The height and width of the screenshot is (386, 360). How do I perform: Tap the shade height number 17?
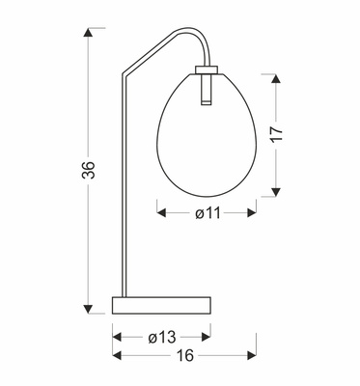[x=276, y=134]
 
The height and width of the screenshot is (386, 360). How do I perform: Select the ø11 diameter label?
[x=208, y=214]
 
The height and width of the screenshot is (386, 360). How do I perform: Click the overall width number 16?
[x=185, y=356]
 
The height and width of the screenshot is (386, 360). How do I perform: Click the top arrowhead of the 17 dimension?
[x=276, y=76]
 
